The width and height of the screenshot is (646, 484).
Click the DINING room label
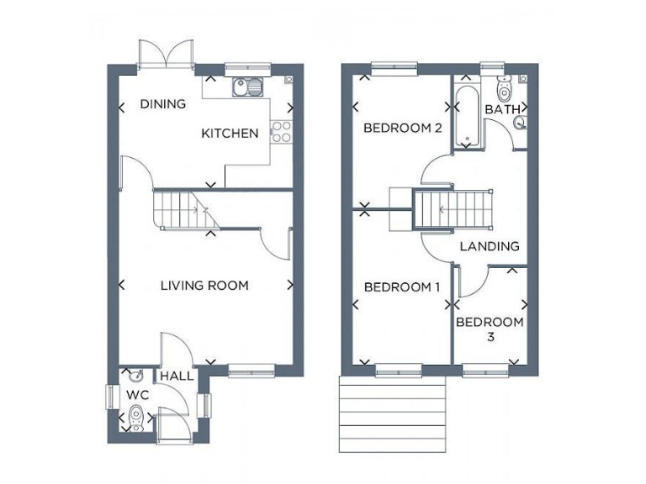click(162, 104)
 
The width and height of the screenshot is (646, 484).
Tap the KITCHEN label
click(230, 133)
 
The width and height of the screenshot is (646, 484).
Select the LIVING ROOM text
click(204, 286)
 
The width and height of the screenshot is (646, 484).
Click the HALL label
click(177, 376)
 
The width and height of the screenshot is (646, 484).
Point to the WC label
click(137, 394)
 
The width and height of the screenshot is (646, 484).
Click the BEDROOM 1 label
click(401, 287)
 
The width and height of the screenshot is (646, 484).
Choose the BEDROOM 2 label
click(402, 129)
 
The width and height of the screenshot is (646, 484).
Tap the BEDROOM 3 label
click(490, 329)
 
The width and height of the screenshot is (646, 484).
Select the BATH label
click(502, 110)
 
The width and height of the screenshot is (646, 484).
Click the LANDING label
click(490, 246)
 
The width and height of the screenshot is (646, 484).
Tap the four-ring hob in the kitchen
click(280, 131)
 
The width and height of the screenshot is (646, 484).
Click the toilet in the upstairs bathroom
click(505, 87)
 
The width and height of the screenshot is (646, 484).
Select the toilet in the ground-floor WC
click(136, 416)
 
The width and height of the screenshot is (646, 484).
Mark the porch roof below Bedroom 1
click(391, 413)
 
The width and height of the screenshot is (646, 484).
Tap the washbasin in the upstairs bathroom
click(520, 123)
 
